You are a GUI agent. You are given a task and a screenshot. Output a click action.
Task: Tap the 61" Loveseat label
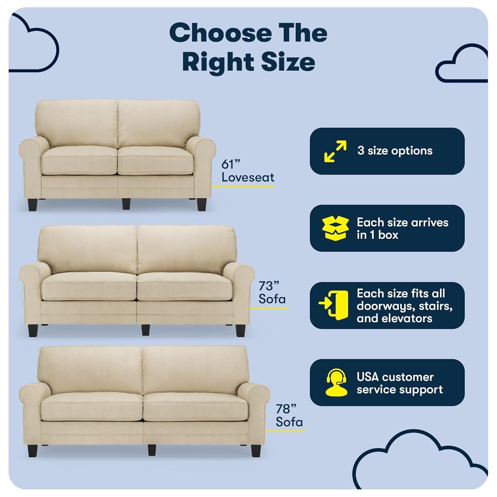point(248,171)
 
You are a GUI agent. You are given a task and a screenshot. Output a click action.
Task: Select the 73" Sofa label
point(272,293)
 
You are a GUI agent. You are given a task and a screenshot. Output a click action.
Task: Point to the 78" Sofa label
point(289,416)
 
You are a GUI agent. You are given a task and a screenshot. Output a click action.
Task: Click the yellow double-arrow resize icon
point(335,151)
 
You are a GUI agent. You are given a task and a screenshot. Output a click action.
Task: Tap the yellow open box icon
point(335,228)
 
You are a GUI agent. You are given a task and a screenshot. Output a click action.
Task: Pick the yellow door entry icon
point(334,305)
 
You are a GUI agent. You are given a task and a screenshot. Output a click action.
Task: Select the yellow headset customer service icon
point(336,382)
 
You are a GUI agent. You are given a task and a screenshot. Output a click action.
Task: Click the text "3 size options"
point(395,151)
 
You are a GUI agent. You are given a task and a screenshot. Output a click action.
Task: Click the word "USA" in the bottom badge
point(367,377)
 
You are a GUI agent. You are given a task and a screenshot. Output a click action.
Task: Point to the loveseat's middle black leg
point(126,204)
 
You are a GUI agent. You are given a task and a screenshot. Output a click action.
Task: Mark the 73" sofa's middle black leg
point(145,330)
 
